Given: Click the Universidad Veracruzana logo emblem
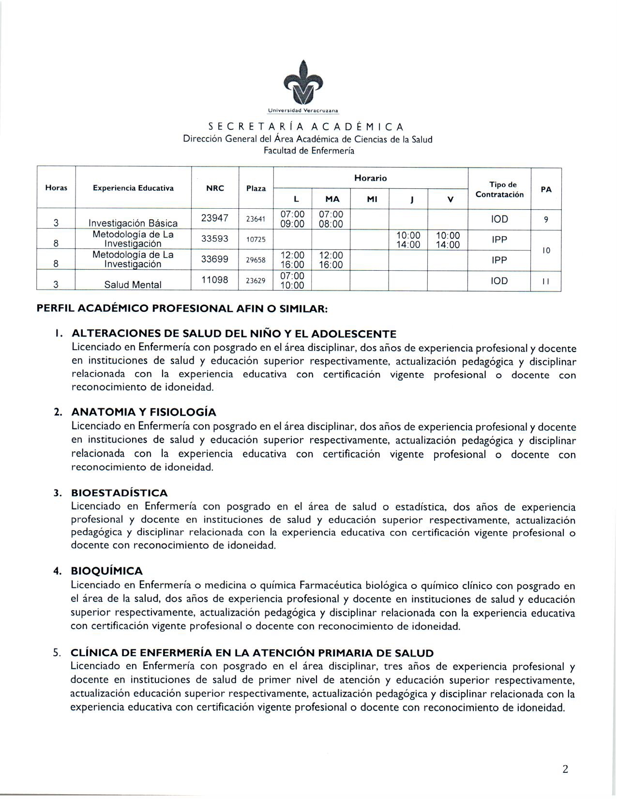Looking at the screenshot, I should point(303,84).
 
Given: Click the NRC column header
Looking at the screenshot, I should point(215,188).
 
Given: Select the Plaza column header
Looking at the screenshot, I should point(256,188).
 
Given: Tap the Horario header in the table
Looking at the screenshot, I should point(370,178).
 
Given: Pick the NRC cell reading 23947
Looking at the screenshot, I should point(215,218).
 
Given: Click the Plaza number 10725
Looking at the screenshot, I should point(256,240).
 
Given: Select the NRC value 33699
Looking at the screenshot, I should point(215,260).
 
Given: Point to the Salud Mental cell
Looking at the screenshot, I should point(133,285).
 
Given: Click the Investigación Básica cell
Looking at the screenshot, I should point(133,223).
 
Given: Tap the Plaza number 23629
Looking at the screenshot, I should point(256,280).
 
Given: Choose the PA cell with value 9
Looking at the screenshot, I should point(546,219).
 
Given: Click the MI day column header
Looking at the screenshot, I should point(372,199).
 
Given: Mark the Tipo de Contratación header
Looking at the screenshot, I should point(499,189).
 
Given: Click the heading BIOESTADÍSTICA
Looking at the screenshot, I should point(120,493).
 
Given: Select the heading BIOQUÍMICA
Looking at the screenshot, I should point(107,571).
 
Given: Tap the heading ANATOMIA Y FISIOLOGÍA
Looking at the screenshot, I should point(144,412).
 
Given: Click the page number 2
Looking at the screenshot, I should point(565,769).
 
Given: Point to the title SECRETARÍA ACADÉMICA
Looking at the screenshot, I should point(306,127).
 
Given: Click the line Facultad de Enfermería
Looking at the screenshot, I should point(309,151).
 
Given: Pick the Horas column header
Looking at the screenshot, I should point(56,188).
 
